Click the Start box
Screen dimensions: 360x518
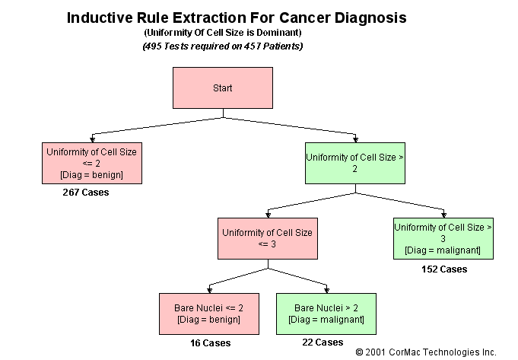point(223,88)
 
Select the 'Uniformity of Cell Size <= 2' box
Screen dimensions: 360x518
point(91,163)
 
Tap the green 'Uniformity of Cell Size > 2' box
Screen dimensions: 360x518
point(354,163)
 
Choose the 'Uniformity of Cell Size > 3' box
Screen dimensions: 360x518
point(443,238)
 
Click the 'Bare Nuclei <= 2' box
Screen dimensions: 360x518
point(208,314)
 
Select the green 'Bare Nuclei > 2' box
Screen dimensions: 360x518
point(325,314)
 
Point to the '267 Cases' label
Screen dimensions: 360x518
point(85,193)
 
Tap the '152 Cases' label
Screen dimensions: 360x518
point(444,269)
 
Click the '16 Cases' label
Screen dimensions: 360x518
point(210,343)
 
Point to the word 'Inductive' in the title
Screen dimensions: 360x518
point(98,17)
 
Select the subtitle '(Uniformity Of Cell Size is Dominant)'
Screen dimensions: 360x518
point(222,33)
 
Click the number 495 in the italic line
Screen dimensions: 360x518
point(154,46)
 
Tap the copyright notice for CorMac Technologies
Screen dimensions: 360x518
point(426,352)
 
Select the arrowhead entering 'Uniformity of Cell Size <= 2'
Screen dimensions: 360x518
point(91,139)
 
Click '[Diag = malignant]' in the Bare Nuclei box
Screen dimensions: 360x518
point(325,320)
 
